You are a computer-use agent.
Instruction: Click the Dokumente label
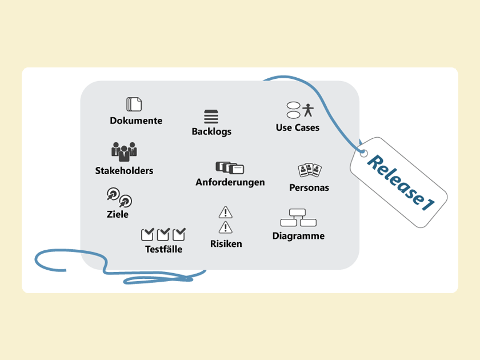[x=136, y=121]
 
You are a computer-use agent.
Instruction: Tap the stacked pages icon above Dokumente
[x=134, y=104]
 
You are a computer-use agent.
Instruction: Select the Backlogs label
[x=211, y=131]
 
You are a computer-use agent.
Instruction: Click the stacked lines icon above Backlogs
[x=211, y=116]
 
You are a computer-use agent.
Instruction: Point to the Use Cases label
[x=297, y=127]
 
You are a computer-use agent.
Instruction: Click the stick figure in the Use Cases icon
[x=309, y=110]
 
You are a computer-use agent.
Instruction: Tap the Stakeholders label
[x=124, y=170]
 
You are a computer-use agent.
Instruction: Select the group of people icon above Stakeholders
[x=124, y=151]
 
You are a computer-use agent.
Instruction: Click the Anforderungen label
[x=230, y=182]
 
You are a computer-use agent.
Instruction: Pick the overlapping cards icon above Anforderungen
[x=230, y=167]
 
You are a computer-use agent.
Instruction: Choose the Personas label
[x=309, y=187]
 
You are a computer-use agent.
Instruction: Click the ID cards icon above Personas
[x=310, y=170]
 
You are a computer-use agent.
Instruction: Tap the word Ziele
[x=118, y=214]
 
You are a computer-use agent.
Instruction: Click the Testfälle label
[x=163, y=249]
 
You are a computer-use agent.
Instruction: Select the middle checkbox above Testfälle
[x=163, y=234]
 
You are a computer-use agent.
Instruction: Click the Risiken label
[x=226, y=244]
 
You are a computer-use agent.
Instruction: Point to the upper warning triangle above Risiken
[x=226, y=213]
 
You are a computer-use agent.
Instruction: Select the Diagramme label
[x=298, y=236]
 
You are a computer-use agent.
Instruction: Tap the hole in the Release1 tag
[x=363, y=153]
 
